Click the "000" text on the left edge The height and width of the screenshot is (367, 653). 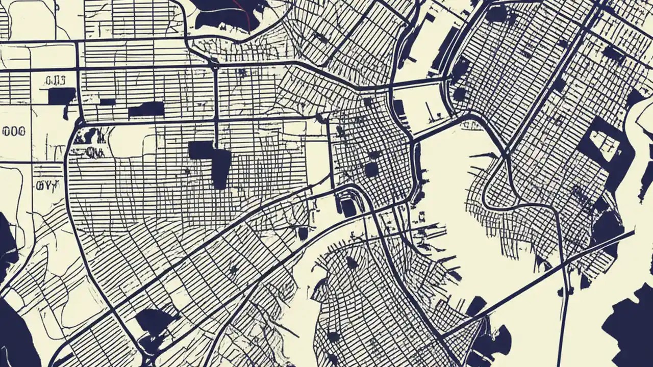(x=14, y=132)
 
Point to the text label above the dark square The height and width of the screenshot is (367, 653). (x=55, y=80)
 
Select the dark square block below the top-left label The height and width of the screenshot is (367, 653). (x=62, y=96)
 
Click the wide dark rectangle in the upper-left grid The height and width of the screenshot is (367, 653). (x=146, y=109)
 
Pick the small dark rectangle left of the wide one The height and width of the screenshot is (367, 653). (x=107, y=102)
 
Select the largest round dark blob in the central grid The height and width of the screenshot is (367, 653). (x=371, y=169)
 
